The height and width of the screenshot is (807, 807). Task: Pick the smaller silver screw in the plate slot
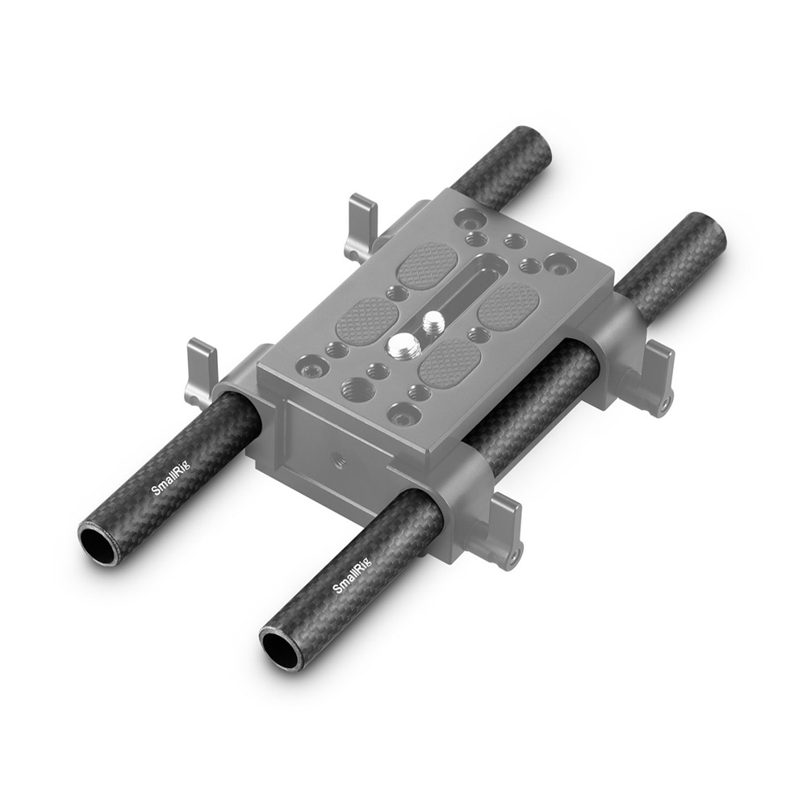click(x=431, y=324)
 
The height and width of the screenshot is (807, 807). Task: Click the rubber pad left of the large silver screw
click(x=367, y=320)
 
